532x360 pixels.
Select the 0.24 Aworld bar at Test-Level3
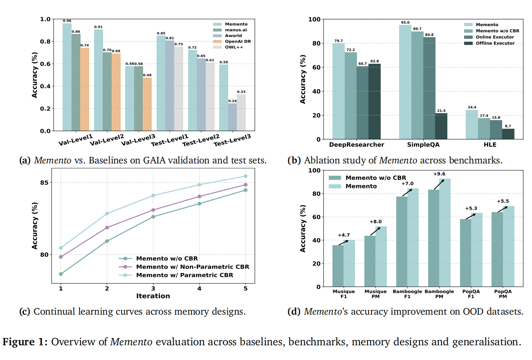[232, 117]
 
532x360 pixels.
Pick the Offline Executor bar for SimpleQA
[441, 126]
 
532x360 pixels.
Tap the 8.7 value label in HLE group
[508, 126]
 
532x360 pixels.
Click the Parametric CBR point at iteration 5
[245, 176]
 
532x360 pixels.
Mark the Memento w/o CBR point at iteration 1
[61, 274]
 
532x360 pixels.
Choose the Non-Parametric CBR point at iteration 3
[153, 210]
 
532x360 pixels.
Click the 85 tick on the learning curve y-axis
[46, 182]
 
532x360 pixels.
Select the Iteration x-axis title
[153, 296]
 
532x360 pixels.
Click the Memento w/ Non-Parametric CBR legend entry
[192, 267]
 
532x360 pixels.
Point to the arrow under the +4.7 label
[343, 243]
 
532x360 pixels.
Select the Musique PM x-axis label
[375, 294]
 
